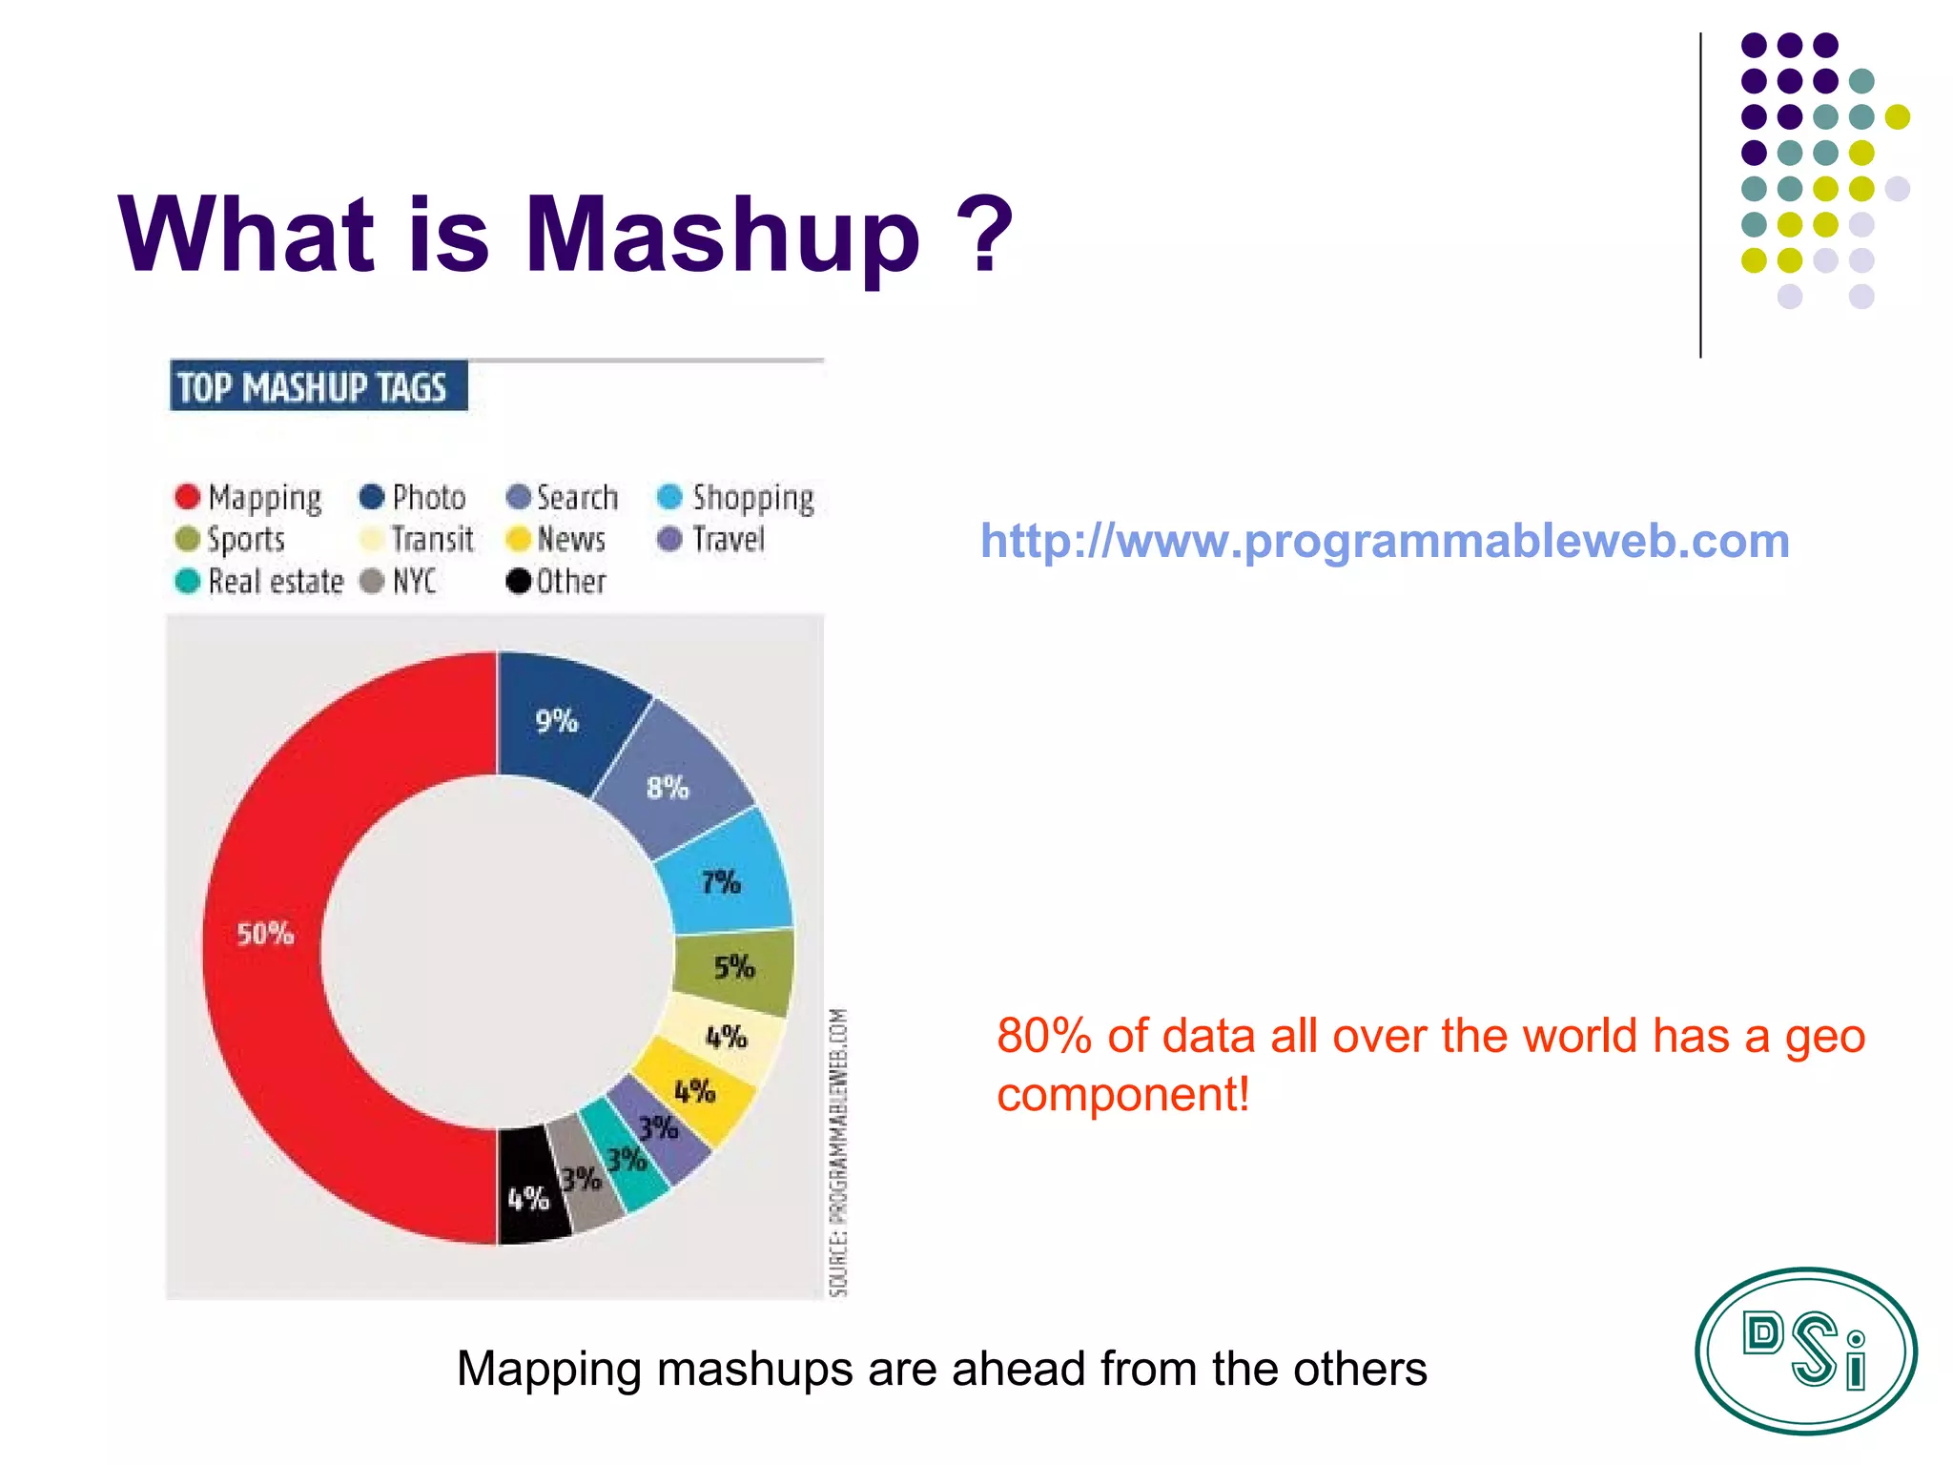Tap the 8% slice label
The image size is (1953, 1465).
[668, 788]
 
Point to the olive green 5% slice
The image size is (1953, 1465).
[734, 967]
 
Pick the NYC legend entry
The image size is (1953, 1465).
[400, 581]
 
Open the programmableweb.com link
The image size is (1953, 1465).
[1385, 541]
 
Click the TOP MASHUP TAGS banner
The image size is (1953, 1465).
[318, 387]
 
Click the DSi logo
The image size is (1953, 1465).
[1805, 1351]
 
